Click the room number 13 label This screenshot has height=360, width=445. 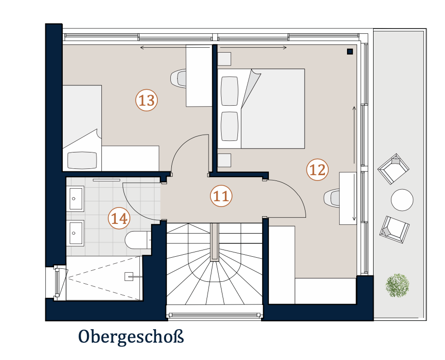146,100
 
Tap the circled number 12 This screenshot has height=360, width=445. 318,170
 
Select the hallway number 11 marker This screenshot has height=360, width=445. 221,196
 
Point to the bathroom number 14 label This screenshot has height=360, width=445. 119,219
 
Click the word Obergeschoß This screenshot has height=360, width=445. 131,337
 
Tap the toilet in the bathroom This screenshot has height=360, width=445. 138,240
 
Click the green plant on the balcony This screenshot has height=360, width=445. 397,285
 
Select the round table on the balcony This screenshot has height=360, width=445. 402,200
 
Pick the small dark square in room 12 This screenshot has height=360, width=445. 350,51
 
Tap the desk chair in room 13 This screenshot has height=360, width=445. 178,78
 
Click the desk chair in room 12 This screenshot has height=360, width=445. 332,198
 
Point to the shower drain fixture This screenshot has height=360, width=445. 129,277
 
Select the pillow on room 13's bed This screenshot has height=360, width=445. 83,161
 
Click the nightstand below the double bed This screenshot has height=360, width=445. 224,160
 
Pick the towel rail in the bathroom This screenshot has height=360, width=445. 107,180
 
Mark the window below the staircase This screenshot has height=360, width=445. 215,315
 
